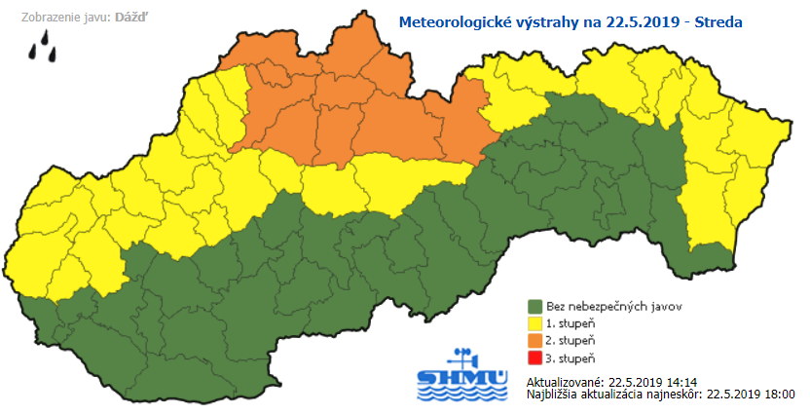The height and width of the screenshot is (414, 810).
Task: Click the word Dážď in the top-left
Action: (x=134, y=18)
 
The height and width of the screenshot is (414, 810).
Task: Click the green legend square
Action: (x=534, y=305)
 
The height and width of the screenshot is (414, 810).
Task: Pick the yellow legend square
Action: (x=534, y=321)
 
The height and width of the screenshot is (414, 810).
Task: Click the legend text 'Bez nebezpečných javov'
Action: (x=601, y=306)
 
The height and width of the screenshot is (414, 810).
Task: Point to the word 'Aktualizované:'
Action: (x=564, y=380)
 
